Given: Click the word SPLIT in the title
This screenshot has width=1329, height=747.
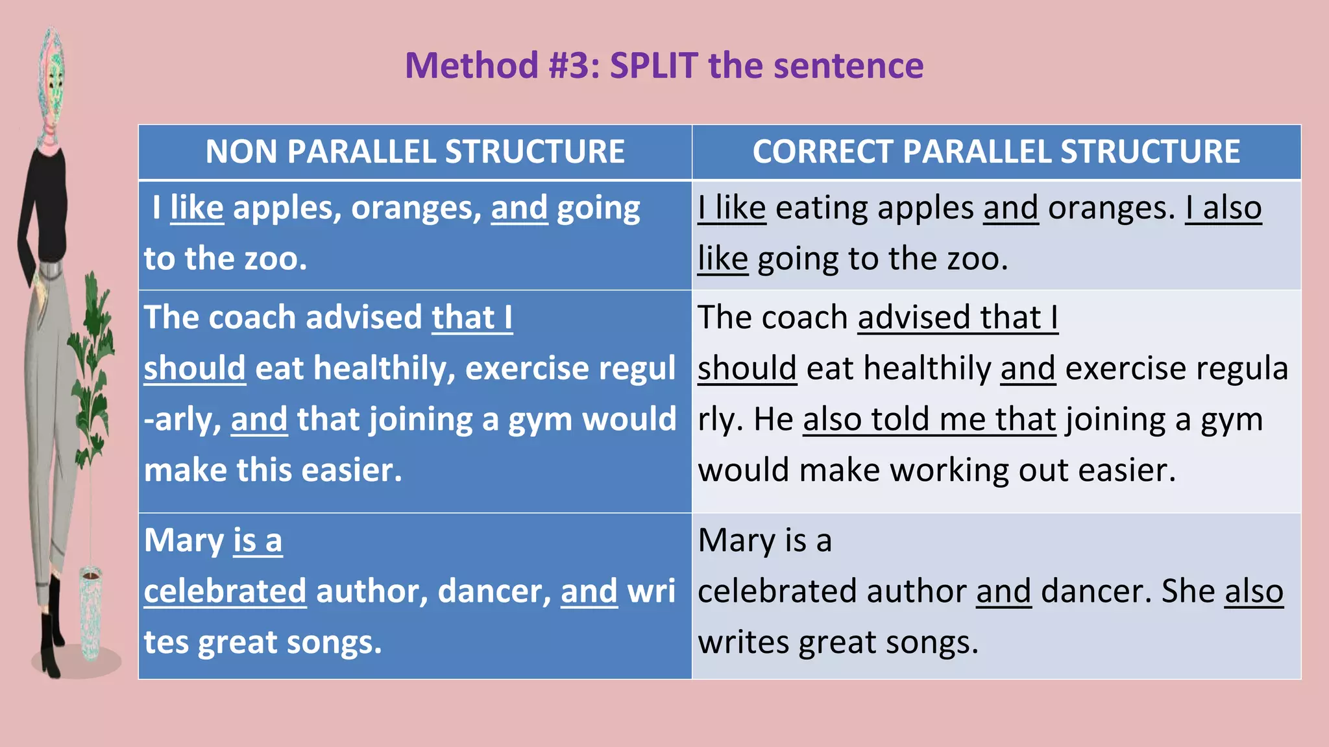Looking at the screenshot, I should tap(654, 65).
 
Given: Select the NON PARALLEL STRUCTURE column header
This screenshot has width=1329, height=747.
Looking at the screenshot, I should tap(415, 152).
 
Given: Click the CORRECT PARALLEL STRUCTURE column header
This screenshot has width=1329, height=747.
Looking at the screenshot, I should tap(996, 152).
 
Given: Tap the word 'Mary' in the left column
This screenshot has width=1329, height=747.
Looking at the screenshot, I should tap(184, 540).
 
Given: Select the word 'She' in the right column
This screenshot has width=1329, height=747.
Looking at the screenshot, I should tap(1188, 591).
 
